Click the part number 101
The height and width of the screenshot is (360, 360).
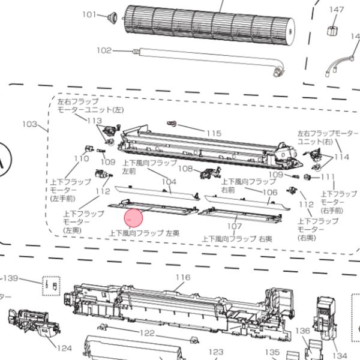tap(89, 14)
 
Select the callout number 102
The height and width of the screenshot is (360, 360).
tap(104, 50)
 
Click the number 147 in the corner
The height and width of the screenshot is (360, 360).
tap(337, 10)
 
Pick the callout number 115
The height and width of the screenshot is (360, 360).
tap(214, 133)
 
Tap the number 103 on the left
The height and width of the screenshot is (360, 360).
tap(29, 124)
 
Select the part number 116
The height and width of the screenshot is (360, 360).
tap(182, 277)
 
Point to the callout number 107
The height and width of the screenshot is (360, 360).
tap(235, 226)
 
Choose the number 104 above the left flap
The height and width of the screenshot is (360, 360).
tap(169, 181)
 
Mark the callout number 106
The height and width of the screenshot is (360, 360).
tap(270, 192)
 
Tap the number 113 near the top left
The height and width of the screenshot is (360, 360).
tap(95, 121)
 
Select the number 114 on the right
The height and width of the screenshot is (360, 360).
tap(341, 157)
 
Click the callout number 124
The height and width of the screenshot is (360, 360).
tap(64, 347)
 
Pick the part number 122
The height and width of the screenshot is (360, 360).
tap(147, 332)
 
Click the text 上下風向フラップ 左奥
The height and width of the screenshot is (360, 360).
tap(144, 232)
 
